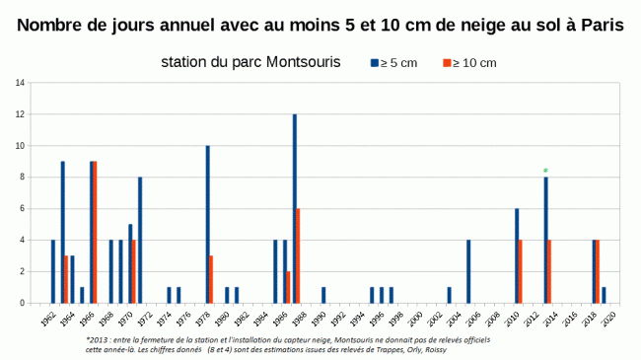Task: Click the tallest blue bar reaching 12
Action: [x=294, y=208]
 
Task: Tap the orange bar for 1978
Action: [x=211, y=279]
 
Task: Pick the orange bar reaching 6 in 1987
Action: [x=298, y=255]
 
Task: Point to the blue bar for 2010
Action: [x=516, y=255]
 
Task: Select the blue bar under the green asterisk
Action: [x=545, y=240]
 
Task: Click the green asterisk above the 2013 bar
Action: [x=545, y=171]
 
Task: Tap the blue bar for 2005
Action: [x=468, y=271]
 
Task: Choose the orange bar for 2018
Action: [x=598, y=271]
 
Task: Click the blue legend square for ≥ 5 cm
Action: [x=375, y=63]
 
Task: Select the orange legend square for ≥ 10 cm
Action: [x=445, y=63]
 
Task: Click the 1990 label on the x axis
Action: [x=320, y=319]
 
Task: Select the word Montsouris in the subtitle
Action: [x=296, y=63]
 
